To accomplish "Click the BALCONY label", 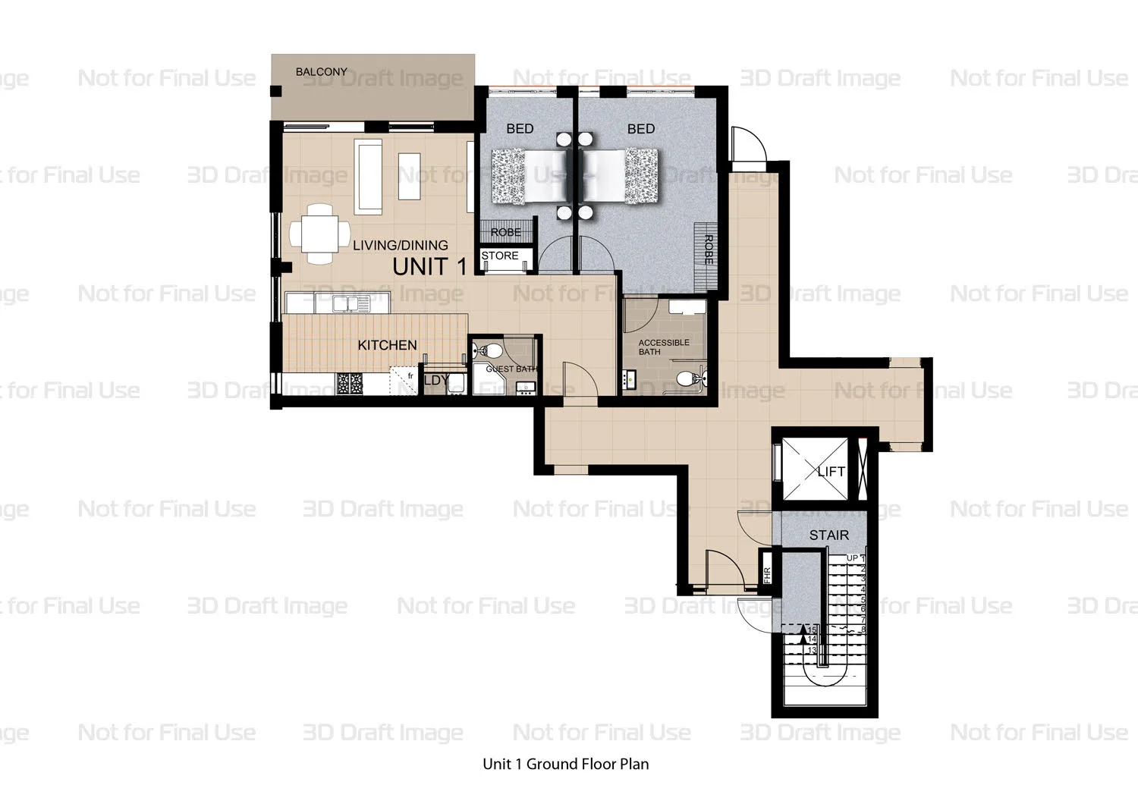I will coord(321,72).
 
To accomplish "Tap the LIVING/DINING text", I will coord(400,245).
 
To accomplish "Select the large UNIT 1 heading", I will coord(429,266).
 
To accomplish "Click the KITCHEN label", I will coord(387,345).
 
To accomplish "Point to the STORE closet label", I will coord(500,256).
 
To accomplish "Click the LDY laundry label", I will coord(436,381).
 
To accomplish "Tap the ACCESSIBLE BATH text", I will coord(663,347).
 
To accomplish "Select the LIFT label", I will coord(831,471).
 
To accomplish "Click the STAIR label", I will coord(828,535).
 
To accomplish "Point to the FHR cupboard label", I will coord(766,574).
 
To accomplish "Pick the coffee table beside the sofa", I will coord(410,176).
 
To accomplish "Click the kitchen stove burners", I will coord(351,384).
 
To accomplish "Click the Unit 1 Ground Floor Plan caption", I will coord(565,764).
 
